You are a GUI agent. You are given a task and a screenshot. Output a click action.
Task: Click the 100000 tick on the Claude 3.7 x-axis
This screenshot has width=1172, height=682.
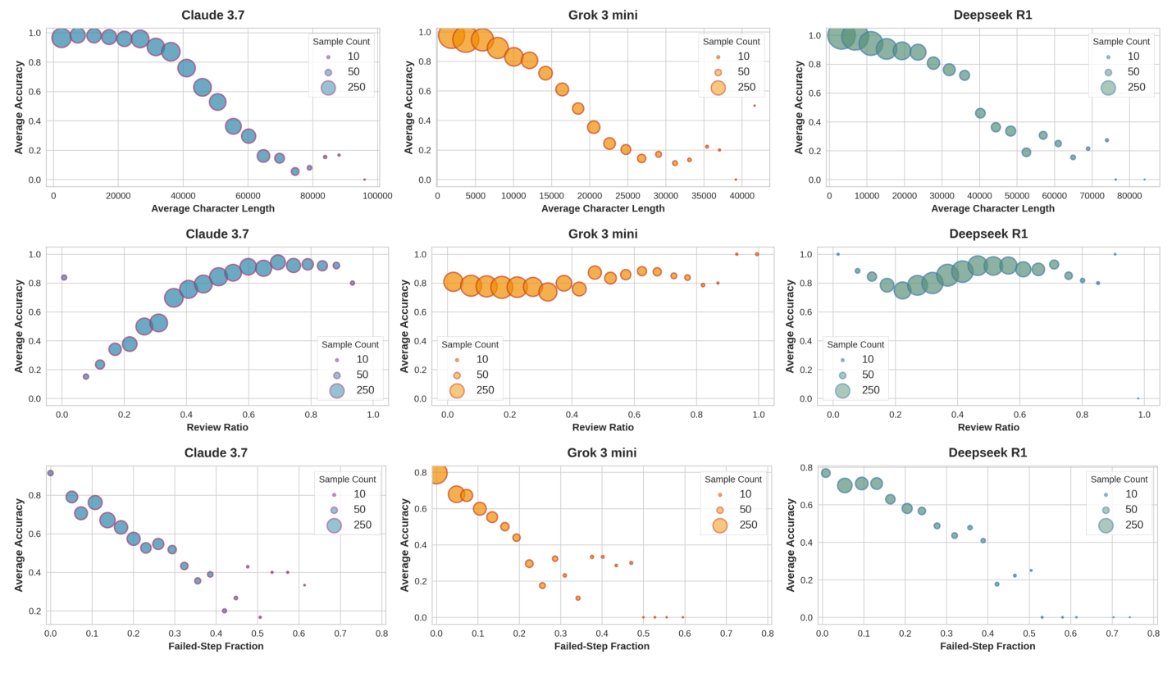coord(377,196)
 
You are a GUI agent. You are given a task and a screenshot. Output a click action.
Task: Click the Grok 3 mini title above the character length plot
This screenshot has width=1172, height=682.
coord(603,15)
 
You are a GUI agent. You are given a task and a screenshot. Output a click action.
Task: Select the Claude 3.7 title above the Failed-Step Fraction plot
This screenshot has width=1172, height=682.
coord(216,452)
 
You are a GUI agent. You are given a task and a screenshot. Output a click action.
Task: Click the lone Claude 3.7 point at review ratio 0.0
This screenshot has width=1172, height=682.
coord(64,277)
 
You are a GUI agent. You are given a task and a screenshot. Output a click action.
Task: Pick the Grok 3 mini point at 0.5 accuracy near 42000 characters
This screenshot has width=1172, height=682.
coord(755,106)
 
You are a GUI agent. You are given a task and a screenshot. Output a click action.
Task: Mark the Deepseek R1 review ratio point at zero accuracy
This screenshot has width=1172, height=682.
coord(1138,398)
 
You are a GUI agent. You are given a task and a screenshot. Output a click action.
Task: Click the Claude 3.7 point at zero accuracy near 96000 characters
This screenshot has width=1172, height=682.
coord(364,180)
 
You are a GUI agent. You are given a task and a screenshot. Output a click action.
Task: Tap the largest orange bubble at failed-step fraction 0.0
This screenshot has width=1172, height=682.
coord(437,473)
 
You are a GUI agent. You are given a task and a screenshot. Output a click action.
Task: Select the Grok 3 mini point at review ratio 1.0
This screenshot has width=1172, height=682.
coord(757,254)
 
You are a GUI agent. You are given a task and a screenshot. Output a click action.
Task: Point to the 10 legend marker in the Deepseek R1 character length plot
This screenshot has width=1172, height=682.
coord(1108,57)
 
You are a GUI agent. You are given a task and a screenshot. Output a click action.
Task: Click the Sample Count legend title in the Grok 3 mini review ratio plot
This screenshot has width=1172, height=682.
coord(469,344)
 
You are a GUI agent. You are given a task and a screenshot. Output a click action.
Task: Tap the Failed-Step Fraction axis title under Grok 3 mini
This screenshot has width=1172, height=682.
coord(601,646)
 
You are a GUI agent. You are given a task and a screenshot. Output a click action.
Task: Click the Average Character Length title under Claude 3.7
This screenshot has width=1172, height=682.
coord(212,208)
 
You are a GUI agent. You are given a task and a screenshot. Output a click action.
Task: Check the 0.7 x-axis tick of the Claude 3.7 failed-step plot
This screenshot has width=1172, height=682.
coord(340,633)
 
